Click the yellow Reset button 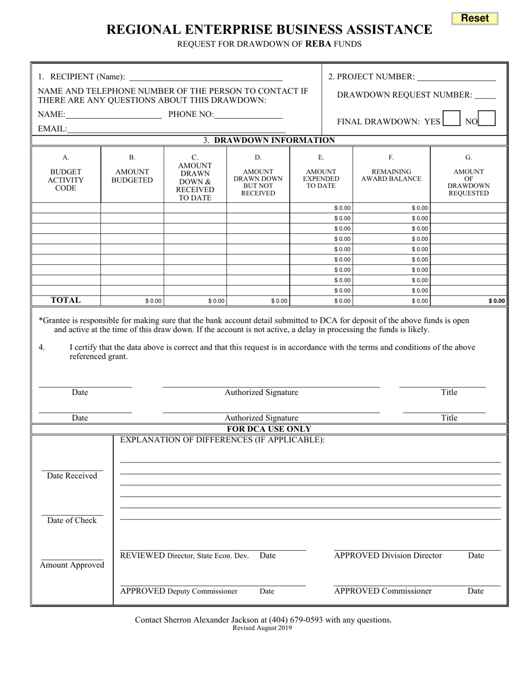click(475, 18)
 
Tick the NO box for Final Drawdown click(487, 119)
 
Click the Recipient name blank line click(205, 77)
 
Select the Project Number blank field click(457, 77)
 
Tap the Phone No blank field click(248, 114)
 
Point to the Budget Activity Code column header click(65, 180)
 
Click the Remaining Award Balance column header click(391, 175)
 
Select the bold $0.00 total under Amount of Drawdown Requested click(496, 301)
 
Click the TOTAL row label click(65, 300)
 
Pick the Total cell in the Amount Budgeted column click(133, 301)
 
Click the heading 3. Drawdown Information click(269, 140)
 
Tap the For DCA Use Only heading click(269, 429)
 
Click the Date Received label click(72, 476)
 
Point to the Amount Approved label click(72, 565)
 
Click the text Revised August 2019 click(262, 628)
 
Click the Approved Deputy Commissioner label click(179, 591)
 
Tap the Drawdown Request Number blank click(485, 95)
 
